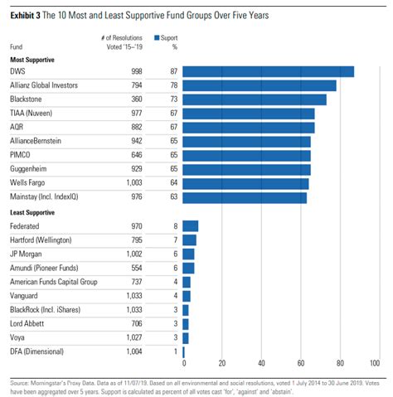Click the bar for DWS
pos(269,71)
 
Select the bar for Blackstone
pos(255,99)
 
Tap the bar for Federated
pos(191,226)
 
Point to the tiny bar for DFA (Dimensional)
pos(184,352)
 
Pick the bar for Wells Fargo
pos(245,184)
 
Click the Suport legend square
pos(157,37)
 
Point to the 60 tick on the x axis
pos(301,363)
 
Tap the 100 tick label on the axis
pos(375,363)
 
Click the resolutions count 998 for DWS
pos(137,71)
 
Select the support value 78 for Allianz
pos(174,85)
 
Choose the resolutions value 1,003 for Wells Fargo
pos(134,182)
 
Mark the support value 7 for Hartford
pos(176,240)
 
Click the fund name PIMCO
pos(20,155)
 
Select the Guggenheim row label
pos(28,169)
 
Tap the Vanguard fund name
pos(24,296)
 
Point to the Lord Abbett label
pos(27,323)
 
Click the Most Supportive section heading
pos(32,60)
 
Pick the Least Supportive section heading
pos(32,212)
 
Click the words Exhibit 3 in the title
pos(25,15)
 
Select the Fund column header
pos(16,46)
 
